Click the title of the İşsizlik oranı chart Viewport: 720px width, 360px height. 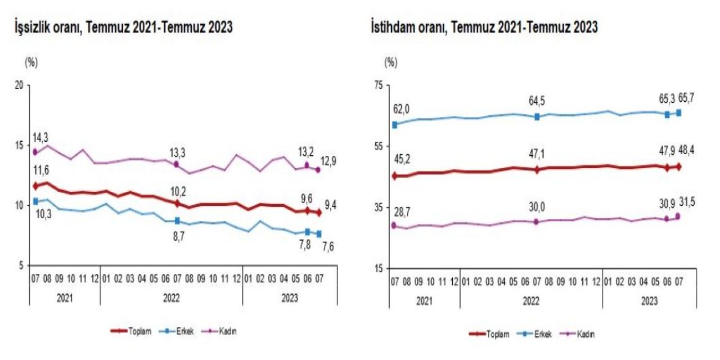(124, 28)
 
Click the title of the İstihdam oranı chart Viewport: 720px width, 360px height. (484, 28)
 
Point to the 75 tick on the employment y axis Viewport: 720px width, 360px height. (377, 85)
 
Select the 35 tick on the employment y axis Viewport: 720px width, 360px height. (377, 208)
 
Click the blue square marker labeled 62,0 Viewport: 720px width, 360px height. (394, 125)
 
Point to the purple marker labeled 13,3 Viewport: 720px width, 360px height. (177, 164)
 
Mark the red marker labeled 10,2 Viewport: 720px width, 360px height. (177, 203)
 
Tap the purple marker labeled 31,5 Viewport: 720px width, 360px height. (678, 216)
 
